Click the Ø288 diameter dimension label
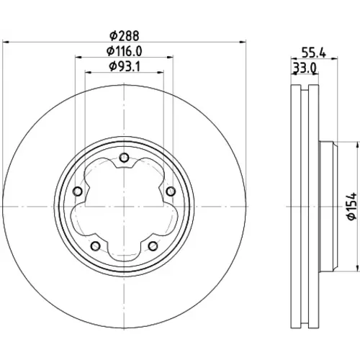pos(125,36)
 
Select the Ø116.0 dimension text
pos(125,51)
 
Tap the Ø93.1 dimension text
pos(125,66)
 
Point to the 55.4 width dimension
pos(314,53)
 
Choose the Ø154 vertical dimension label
pos(352,207)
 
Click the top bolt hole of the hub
pos(124,158)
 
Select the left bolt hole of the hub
pos(77,192)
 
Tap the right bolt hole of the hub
pos(171,192)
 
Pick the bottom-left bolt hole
pos(96,246)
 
